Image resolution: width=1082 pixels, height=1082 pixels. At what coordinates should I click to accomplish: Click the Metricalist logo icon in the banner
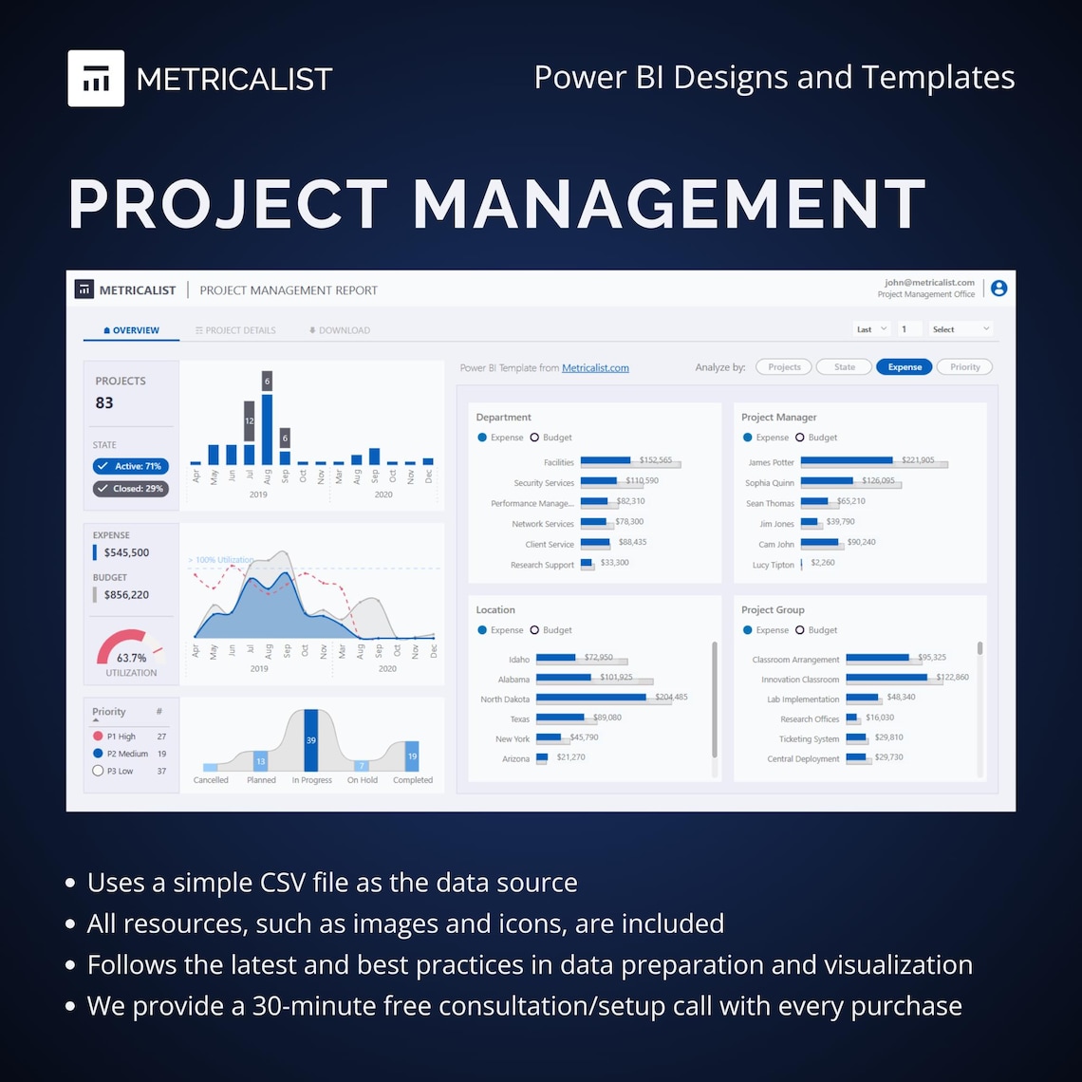point(96,78)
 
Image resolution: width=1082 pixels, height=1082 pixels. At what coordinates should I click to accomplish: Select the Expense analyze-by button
point(905,367)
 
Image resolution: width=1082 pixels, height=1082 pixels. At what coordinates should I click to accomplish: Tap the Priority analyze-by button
point(964,367)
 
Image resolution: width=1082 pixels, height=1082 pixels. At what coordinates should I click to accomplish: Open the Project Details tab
point(235,330)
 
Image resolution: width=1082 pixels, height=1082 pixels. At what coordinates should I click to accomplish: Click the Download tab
point(339,330)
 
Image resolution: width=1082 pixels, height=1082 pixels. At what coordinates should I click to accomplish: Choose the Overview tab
point(131,330)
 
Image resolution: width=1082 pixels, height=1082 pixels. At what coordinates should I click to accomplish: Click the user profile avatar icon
point(998,289)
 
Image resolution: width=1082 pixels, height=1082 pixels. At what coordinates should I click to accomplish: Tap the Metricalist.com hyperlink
point(595,368)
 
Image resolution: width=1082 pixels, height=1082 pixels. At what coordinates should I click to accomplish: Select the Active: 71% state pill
point(131,466)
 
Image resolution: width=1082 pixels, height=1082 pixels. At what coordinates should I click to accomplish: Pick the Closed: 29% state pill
point(131,489)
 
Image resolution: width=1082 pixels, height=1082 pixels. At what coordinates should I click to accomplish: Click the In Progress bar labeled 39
point(310,740)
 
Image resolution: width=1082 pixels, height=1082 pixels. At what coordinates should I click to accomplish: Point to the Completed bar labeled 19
point(412,756)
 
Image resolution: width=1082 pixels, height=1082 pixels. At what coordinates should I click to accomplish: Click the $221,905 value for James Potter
point(918,460)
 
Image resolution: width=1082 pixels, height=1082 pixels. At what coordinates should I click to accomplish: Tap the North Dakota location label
point(505,700)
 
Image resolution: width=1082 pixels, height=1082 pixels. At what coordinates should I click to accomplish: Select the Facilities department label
point(559,463)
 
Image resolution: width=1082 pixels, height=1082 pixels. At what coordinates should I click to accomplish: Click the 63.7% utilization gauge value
point(131,658)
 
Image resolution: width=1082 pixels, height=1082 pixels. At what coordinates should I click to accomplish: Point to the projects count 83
point(104,402)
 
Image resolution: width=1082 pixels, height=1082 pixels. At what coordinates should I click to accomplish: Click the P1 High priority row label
point(121,737)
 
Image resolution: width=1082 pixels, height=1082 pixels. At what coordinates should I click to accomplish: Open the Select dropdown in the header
point(961,329)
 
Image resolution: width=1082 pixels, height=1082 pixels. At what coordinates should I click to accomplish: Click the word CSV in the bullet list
point(283,883)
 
